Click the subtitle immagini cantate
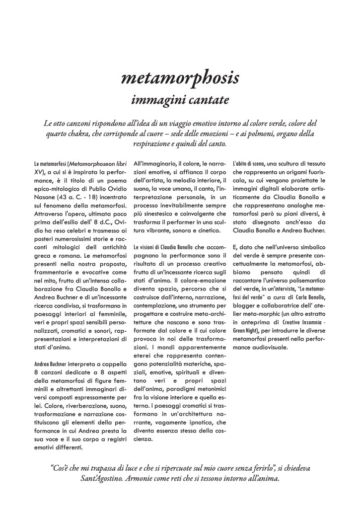(x=180, y=99)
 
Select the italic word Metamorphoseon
(x=92, y=163)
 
